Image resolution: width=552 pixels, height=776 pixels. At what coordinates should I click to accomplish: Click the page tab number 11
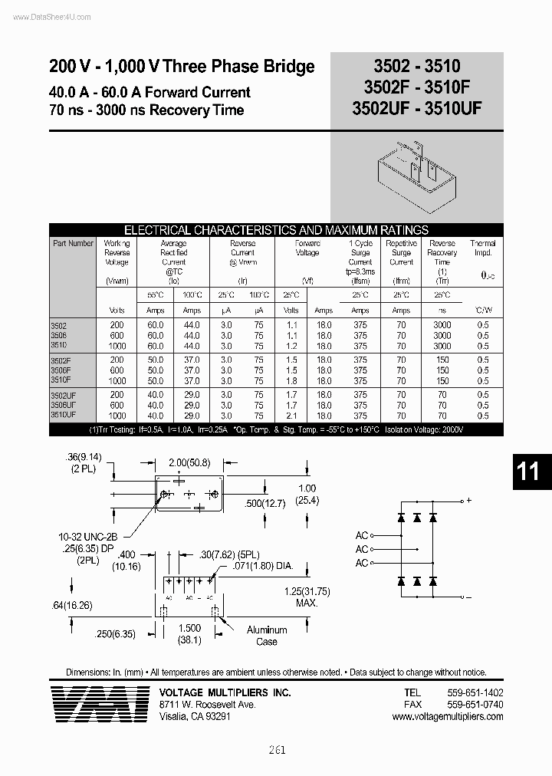pos(529,471)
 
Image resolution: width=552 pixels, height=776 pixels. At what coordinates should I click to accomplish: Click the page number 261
pos(277,750)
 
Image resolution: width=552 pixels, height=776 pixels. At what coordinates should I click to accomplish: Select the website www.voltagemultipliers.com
pos(448,716)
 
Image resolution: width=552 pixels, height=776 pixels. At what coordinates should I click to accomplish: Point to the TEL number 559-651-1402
pos(475,692)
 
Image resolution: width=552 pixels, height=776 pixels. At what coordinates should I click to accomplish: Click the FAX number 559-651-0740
pos(475,704)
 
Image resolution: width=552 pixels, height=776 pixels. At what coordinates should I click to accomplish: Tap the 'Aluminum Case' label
pos(267,635)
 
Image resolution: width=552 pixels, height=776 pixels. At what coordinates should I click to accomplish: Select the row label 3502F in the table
pos(62,359)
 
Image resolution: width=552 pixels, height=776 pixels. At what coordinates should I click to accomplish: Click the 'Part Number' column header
pos(74,243)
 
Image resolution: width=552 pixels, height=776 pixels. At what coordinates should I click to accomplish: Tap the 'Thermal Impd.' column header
pos(483,248)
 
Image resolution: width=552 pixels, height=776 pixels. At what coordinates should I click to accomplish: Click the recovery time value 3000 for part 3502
pos(442,325)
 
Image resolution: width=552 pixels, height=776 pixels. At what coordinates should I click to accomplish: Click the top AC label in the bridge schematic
pos(362,535)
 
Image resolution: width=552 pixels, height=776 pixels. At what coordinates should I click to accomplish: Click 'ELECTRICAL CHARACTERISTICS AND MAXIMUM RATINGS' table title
pos(276,230)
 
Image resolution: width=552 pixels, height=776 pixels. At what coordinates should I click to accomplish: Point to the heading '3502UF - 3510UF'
pos(417,109)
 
